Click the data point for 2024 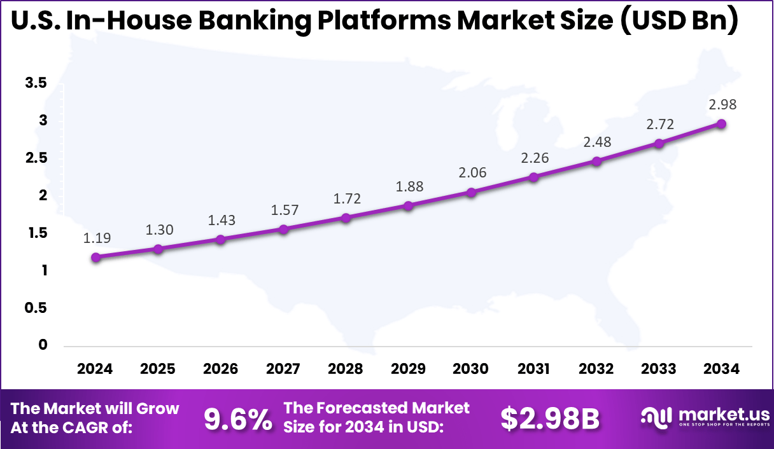[95, 258]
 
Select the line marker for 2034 [721, 123]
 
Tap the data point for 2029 [409, 205]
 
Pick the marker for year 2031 [533, 177]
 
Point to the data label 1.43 [221, 221]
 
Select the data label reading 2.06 [471, 172]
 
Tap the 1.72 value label [346, 198]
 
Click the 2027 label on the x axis [283, 369]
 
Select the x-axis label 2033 [659, 369]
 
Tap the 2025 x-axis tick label [158, 369]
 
